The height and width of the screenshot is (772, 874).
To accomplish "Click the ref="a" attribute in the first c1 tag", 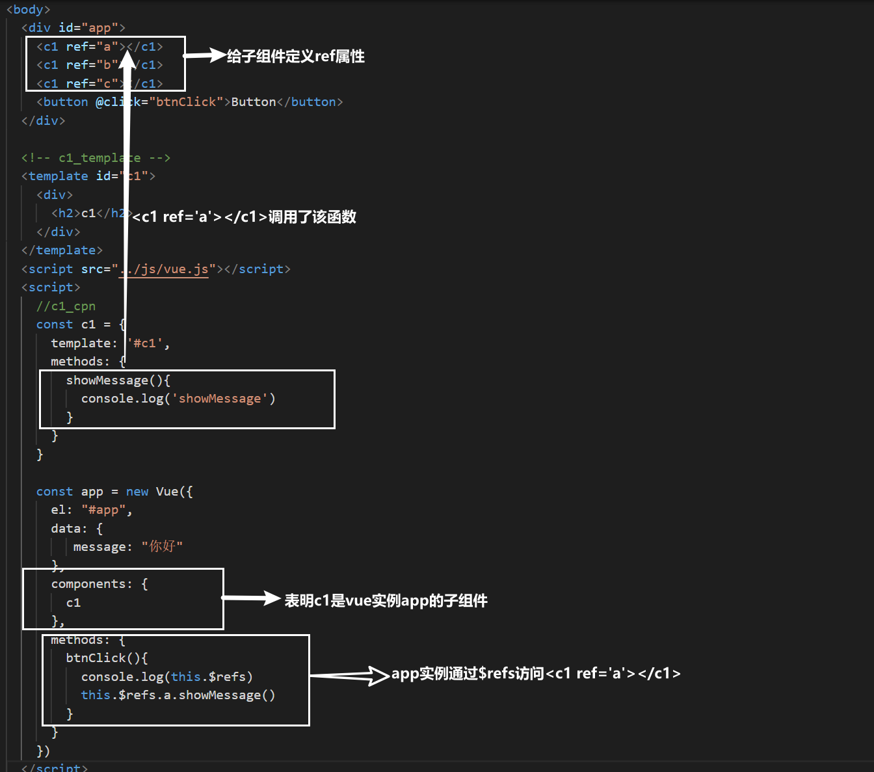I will [91, 47].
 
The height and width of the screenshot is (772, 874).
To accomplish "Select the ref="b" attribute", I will [91, 65].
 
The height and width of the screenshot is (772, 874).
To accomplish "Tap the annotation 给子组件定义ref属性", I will [295, 57].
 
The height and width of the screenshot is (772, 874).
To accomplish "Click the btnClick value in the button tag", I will [186, 102].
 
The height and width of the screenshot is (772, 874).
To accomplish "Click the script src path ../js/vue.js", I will [164, 269].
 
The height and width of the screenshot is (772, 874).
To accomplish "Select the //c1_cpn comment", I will [66, 306].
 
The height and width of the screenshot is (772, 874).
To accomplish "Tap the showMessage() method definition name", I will [107, 380].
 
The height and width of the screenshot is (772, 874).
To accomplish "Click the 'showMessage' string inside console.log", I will [220, 399].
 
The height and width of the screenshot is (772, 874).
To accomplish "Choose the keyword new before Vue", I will [137, 492].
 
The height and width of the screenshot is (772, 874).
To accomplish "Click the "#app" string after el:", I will [103, 511].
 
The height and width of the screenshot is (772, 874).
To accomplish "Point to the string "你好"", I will [162, 547].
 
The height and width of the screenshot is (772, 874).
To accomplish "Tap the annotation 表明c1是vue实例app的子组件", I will [386, 600].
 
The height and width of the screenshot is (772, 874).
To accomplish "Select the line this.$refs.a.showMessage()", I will [178, 695].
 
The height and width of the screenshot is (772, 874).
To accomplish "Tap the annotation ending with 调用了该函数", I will [245, 217].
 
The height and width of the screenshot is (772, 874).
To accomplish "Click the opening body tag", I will [28, 10].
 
